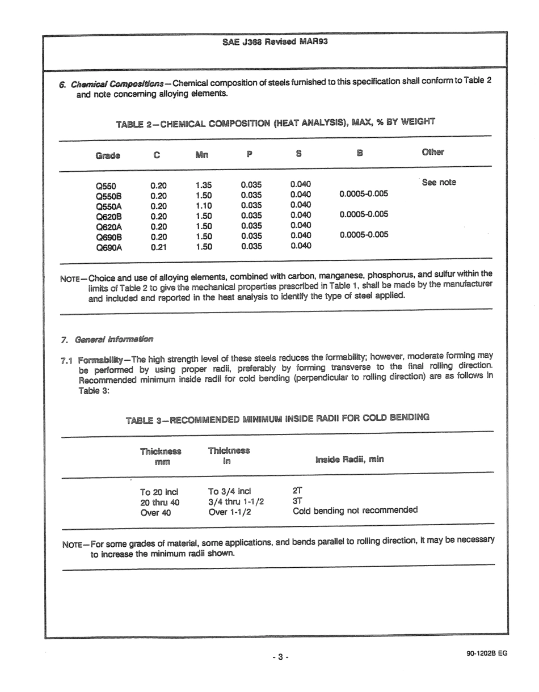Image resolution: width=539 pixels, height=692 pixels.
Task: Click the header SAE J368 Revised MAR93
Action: point(275,42)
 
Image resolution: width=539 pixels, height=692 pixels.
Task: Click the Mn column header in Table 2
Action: point(203,154)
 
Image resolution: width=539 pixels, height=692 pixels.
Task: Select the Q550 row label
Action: point(106,185)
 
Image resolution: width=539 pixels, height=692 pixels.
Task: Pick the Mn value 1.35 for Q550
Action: point(203,185)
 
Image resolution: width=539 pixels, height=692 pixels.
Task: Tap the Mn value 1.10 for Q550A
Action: point(203,205)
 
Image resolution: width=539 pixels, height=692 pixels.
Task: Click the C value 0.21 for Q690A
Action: point(158,247)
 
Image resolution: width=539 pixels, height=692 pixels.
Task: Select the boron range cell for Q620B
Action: point(364,214)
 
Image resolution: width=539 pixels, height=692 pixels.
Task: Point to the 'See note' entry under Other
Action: point(439,183)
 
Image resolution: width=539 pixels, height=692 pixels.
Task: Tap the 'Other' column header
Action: point(433,152)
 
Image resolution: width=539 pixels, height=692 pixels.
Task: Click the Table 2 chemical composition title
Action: point(275,123)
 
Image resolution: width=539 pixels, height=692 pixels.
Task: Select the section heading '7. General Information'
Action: point(107,339)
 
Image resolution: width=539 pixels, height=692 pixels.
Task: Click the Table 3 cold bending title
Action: point(277,419)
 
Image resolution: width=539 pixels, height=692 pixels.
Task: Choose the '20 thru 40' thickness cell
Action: point(159,502)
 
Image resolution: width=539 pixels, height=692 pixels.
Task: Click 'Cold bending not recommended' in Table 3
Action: point(355,510)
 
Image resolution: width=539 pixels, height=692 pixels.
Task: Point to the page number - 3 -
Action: point(280,657)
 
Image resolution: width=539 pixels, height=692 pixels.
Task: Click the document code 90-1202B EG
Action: point(486,653)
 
